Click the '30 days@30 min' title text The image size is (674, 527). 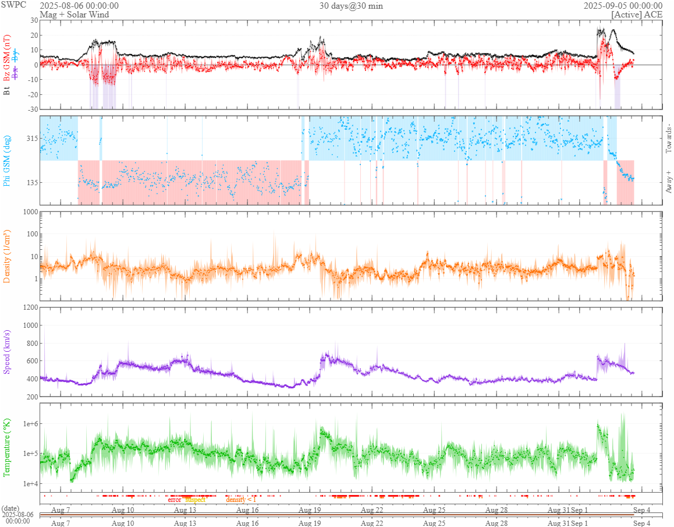[351, 6]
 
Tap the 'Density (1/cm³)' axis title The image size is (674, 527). [7, 256]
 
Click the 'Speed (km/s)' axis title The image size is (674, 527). [7, 352]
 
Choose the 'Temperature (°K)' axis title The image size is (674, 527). [7, 447]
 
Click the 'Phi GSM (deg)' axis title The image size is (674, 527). [7, 161]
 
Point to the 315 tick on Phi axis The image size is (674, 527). [30, 139]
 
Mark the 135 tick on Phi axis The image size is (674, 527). [30, 182]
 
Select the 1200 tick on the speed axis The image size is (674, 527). [29, 307]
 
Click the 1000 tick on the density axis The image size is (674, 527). [29, 212]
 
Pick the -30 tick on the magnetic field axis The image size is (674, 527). [32, 109]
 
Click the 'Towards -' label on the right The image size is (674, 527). [668, 139]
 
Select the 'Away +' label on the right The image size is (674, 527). [668, 181]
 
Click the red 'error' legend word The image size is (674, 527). [175, 500]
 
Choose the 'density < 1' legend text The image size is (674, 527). [240, 500]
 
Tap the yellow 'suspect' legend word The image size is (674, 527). [195, 500]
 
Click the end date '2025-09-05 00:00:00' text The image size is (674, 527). [623, 6]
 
